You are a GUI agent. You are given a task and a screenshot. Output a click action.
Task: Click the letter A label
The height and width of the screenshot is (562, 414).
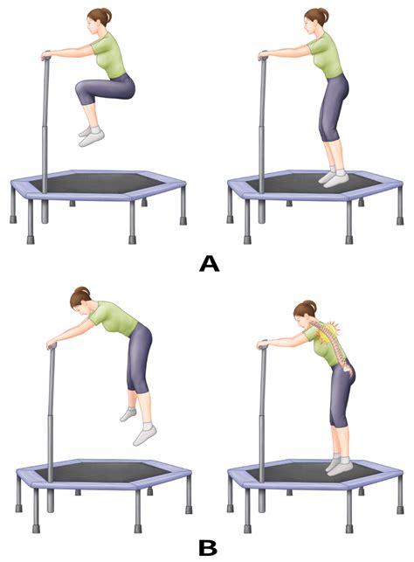tap(209, 263)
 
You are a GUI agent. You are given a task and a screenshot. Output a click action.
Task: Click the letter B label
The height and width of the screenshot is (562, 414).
tap(209, 547)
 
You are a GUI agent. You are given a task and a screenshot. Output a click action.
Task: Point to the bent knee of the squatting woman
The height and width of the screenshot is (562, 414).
tap(80, 88)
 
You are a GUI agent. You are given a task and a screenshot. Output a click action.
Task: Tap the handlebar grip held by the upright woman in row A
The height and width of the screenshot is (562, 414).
tap(262, 58)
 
